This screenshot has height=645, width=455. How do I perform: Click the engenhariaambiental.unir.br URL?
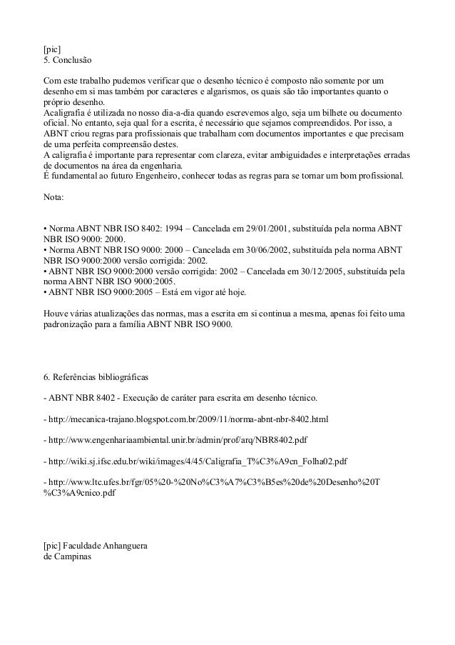[178, 439]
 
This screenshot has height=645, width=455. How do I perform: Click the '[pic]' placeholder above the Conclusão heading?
[52, 49]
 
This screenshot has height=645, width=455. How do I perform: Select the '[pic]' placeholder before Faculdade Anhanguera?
[52, 546]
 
